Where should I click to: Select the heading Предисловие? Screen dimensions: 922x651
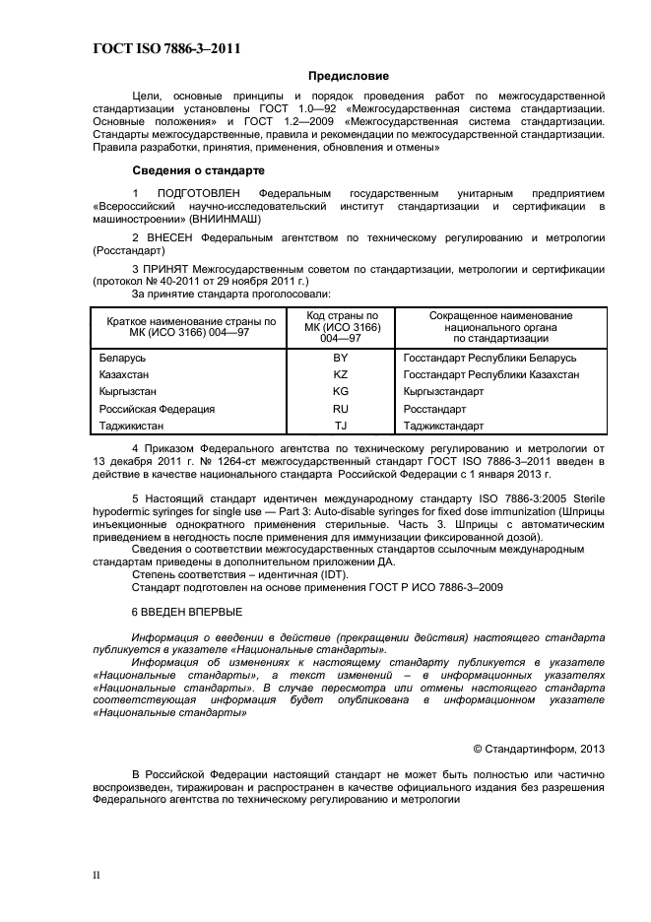pyautogui.click(x=349, y=75)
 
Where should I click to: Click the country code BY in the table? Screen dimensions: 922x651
pyautogui.click(x=341, y=358)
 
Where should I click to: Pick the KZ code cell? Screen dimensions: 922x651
pyautogui.click(x=341, y=374)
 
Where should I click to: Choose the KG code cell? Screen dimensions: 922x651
pyautogui.click(x=341, y=391)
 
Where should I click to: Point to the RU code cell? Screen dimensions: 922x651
pyautogui.click(x=341, y=408)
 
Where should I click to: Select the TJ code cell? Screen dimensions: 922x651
pyautogui.click(x=341, y=426)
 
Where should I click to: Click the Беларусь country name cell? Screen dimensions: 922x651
pyautogui.click(x=122, y=358)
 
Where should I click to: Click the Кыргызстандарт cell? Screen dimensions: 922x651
pyautogui.click(x=443, y=391)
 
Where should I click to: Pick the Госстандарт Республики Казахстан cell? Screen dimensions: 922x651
pyautogui.click(x=490, y=374)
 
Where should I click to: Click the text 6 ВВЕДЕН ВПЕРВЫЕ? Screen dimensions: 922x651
pyautogui.click(x=186, y=611)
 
